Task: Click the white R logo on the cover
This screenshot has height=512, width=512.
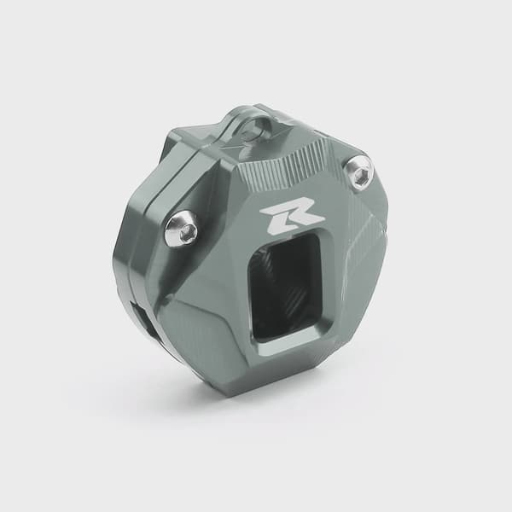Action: click(292, 219)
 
